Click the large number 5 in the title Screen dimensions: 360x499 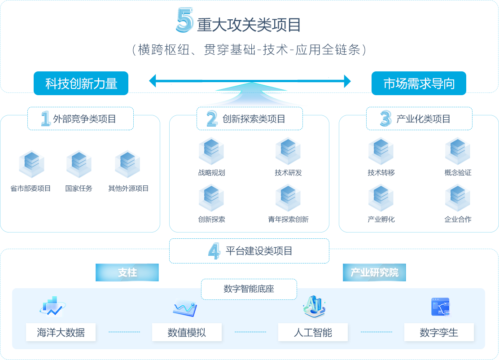pyautogui.click(x=184, y=21)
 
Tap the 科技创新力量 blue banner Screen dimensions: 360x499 pyautogui.click(x=81, y=83)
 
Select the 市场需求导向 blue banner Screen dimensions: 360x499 pyautogui.click(x=419, y=83)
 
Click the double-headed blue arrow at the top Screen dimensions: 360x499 pyautogui.click(x=249, y=81)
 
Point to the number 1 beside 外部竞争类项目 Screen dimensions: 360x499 pyautogui.click(x=45, y=119)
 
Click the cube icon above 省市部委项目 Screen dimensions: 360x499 pyautogui.click(x=31, y=164)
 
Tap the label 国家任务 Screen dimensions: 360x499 pyautogui.click(x=79, y=189)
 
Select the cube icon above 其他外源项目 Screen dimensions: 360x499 pyautogui.click(x=128, y=164)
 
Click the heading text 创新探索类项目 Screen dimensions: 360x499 pyautogui.click(x=254, y=119)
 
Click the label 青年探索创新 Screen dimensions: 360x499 pyautogui.click(x=288, y=220)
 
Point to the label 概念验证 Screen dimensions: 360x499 pyautogui.click(x=458, y=173)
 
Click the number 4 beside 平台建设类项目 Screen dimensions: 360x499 pyautogui.click(x=214, y=250)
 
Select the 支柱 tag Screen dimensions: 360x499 pyautogui.click(x=127, y=272)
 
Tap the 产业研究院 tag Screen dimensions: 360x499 pyautogui.click(x=374, y=272)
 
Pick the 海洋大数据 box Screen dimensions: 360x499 pyautogui.click(x=61, y=333)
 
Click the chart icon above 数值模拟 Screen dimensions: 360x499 pyautogui.click(x=185, y=308)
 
